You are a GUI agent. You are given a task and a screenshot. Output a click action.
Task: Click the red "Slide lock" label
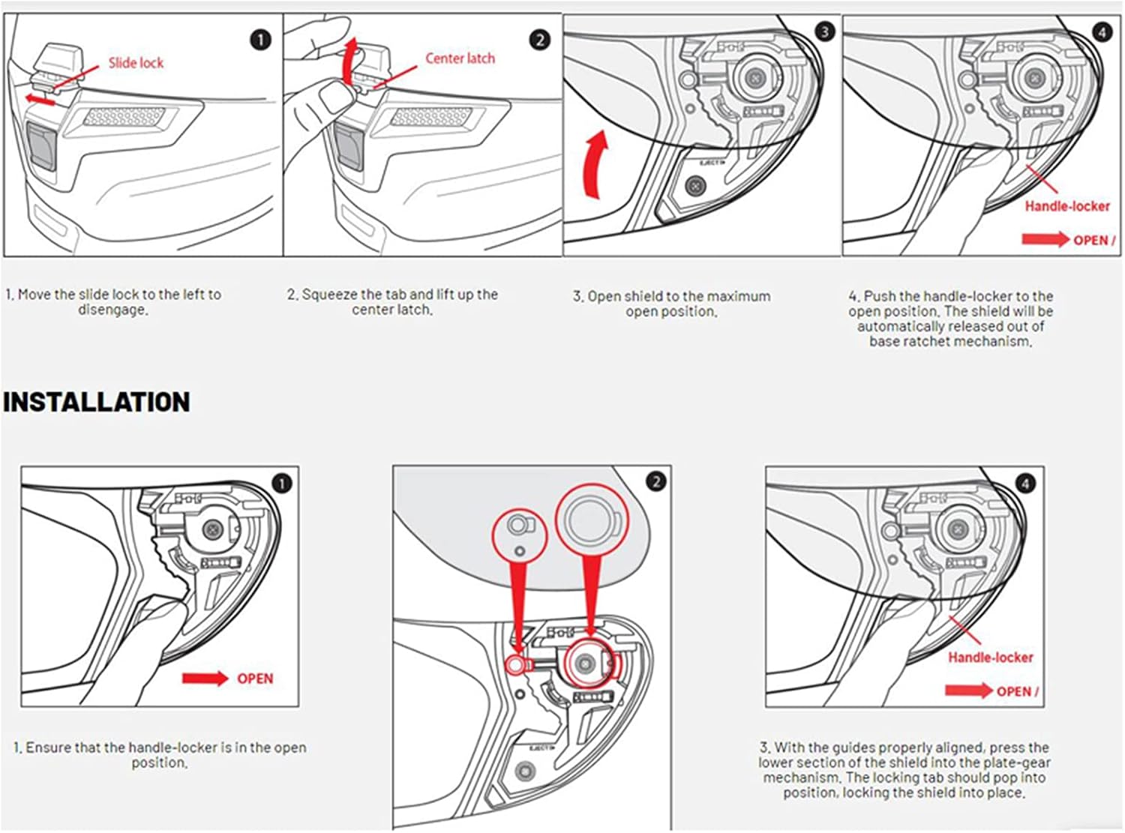coord(136,63)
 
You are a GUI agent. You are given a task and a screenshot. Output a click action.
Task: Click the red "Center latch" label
coord(460,58)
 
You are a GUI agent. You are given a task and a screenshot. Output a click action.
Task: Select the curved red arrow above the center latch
coord(349,61)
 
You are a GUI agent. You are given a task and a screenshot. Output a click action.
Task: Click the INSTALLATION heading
coord(96,403)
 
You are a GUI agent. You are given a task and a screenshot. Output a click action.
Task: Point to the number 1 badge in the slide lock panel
coord(259,39)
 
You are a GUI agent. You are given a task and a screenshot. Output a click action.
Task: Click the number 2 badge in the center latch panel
coord(539,39)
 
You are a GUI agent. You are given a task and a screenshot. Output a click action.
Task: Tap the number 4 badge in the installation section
coord(1025,484)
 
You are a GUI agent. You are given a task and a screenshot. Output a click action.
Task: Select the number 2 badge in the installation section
coord(655,481)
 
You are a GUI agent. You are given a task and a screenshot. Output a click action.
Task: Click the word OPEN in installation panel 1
coord(255,679)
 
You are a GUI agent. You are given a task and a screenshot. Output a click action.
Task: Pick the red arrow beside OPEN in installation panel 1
coord(205,679)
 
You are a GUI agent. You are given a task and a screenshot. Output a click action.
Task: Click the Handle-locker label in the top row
coord(1066,205)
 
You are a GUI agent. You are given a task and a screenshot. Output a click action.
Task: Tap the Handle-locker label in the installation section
coord(990,658)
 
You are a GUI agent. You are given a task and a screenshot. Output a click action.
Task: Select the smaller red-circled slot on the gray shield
coord(518,525)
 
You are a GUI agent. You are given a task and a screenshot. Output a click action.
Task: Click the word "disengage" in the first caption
coord(112,310)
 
